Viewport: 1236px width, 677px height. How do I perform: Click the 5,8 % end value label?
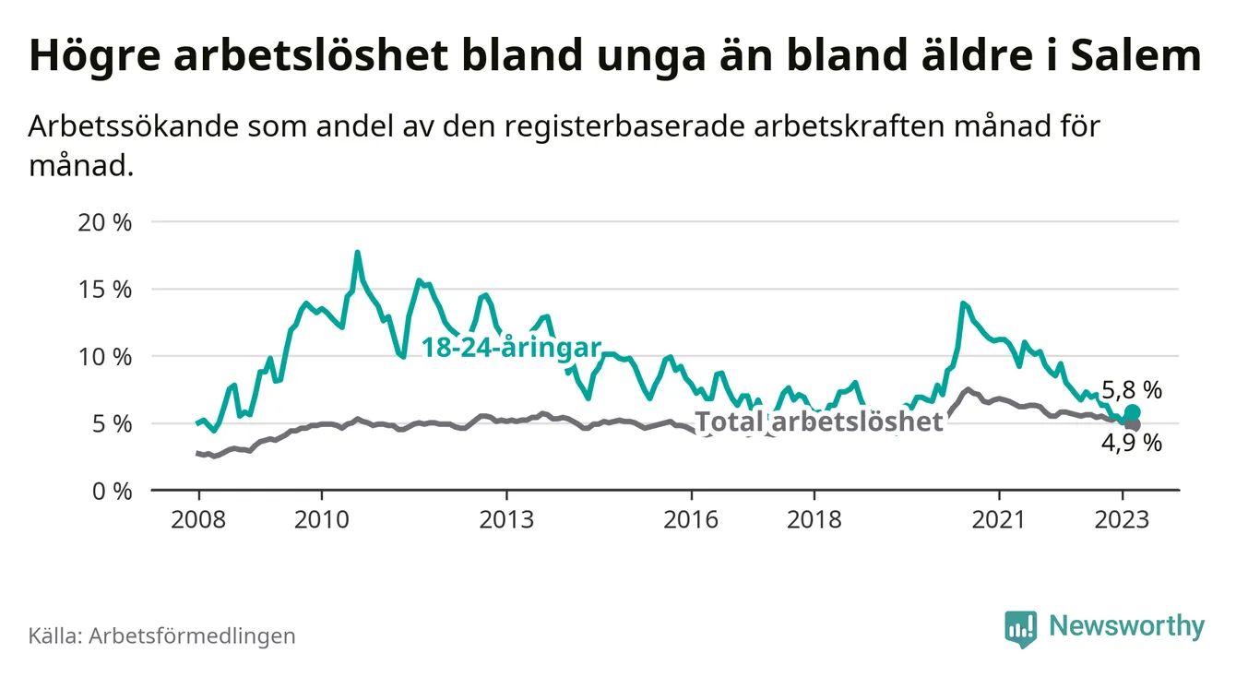pos(1131,390)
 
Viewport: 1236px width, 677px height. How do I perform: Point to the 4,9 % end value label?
pos(1131,444)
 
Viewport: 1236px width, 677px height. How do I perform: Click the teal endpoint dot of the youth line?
pos(1132,411)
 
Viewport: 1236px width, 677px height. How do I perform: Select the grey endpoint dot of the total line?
pos(1132,424)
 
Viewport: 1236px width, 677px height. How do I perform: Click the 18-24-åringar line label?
pos(511,348)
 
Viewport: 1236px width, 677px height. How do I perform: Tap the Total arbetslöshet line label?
pos(819,422)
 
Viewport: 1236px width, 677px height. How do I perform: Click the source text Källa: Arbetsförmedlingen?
pos(162,635)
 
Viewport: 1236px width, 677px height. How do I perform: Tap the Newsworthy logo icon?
pos(1019,628)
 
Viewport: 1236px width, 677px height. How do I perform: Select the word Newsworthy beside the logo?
pos(1126,627)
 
